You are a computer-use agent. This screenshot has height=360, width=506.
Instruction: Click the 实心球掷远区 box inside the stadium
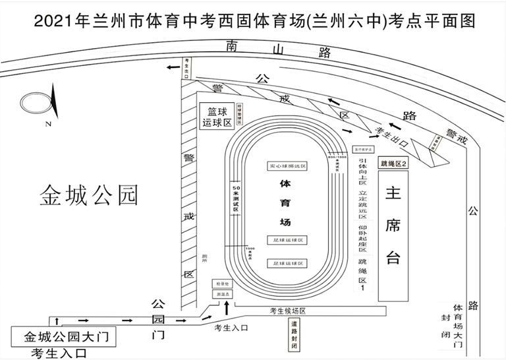tap(287, 165)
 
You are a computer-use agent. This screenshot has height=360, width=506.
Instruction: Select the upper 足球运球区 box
tap(287, 240)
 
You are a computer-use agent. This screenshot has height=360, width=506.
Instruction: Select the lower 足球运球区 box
tap(287, 262)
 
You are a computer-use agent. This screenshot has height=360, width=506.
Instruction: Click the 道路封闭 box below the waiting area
tap(294, 334)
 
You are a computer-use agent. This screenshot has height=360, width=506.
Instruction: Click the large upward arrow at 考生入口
tap(228, 307)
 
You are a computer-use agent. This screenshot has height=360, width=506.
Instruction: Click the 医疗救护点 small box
tap(363, 149)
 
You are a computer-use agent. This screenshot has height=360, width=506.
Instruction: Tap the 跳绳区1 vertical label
tap(362, 274)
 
